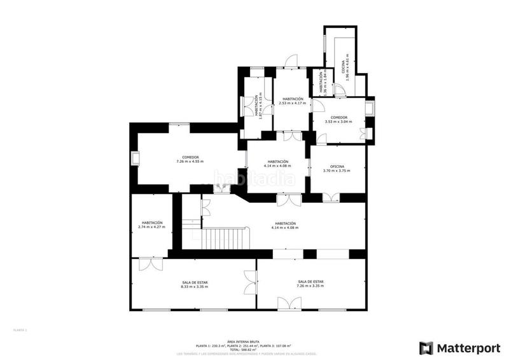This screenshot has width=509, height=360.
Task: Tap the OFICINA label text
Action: click(336, 166)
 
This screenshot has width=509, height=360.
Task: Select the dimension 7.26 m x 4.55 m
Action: click(190, 162)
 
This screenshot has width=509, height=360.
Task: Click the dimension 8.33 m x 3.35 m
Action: click(193, 286)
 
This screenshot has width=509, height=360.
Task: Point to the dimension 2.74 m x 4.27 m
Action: click(151, 227)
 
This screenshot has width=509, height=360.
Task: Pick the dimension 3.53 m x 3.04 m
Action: click(337, 121)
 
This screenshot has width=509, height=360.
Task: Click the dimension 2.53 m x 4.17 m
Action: click(293, 103)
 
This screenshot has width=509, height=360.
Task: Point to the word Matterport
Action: click(467, 347)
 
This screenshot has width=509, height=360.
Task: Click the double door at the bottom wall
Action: click(286, 304)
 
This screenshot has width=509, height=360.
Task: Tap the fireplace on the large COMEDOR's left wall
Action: click(134, 158)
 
